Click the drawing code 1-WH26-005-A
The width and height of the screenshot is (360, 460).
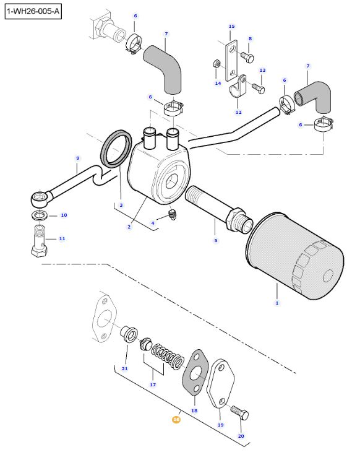point(33,12)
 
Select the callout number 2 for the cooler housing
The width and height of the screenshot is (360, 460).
point(129,227)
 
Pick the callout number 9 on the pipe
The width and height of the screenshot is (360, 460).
point(77,158)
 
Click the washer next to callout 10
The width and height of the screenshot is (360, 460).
point(40,215)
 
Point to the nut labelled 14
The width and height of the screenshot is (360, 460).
point(217,64)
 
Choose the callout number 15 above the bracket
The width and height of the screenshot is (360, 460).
point(231,27)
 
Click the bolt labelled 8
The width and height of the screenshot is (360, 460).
point(246,56)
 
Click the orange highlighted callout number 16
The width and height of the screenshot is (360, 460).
point(176,419)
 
